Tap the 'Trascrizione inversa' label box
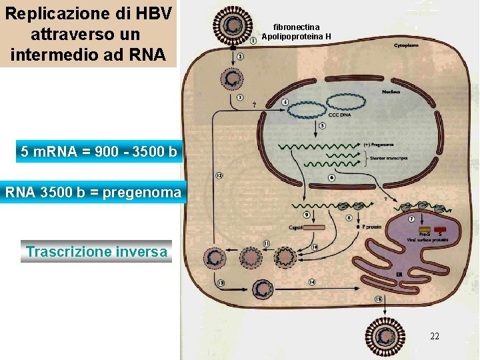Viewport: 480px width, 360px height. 97,252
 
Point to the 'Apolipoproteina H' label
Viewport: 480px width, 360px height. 296,37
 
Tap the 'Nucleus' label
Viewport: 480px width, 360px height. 391,91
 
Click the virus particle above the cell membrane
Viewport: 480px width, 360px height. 233,26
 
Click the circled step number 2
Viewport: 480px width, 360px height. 239,57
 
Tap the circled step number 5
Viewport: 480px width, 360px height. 323,125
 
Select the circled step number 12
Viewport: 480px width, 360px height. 219,176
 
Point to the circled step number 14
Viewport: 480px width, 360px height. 313,282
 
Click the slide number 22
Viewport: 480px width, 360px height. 435,337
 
